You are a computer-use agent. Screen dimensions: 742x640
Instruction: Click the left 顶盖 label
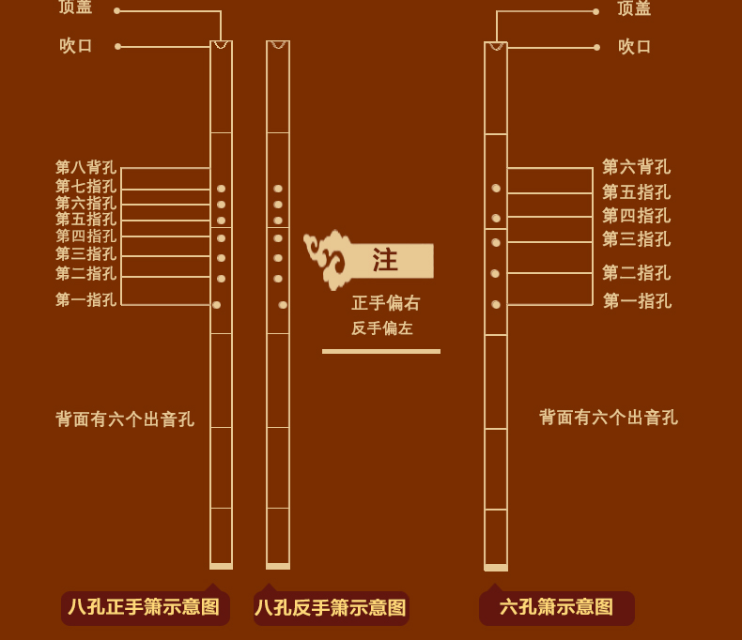tap(75, 8)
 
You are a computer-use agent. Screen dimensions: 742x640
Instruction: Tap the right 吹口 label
tap(635, 47)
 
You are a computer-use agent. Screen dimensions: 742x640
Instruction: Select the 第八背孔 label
tap(85, 168)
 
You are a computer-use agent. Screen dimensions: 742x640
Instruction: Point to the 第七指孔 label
tap(85, 187)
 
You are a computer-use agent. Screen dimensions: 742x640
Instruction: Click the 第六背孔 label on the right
tap(636, 167)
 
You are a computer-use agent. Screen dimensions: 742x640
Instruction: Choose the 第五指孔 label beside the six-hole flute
tap(636, 192)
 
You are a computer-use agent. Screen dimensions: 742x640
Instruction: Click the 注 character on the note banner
tap(385, 260)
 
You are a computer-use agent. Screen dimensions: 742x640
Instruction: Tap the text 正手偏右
tap(385, 303)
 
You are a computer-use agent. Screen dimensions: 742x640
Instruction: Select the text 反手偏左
tap(382, 328)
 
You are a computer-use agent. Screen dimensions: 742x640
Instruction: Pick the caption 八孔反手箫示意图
tap(331, 608)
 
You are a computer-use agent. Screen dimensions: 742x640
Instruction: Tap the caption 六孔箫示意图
tap(556, 607)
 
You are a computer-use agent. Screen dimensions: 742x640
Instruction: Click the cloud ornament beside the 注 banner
tap(327, 259)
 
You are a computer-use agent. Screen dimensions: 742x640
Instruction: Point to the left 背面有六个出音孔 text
tap(125, 419)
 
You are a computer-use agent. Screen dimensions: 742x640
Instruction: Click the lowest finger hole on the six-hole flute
tap(496, 304)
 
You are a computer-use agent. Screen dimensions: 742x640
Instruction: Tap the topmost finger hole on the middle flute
tap(278, 189)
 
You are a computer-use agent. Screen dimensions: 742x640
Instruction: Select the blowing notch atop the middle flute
tap(278, 44)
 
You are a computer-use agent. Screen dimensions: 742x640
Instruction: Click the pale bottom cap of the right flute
tap(496, 568)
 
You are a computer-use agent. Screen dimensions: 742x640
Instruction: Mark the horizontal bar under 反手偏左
tap(380, 351)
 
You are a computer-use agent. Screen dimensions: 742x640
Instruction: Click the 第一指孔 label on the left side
tap(85, 300)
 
